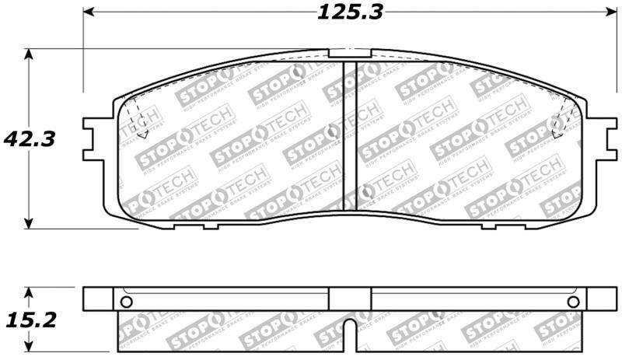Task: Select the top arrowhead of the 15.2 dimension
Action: [x=29, y=292]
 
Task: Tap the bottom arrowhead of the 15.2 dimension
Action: [x=29, y=345]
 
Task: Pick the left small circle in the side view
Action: [x=127, y=302]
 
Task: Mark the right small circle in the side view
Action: [x=573, y=302]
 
